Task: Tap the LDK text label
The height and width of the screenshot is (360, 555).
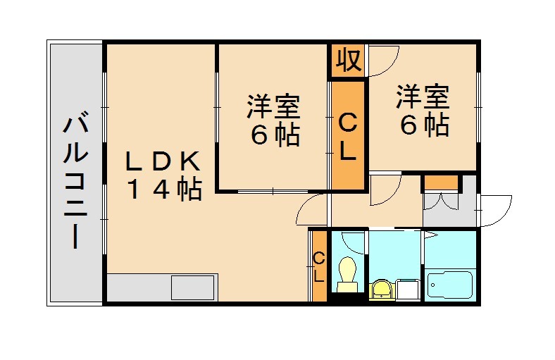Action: [x=163, y=161]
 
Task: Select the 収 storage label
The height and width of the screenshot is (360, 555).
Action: [x=348, y=61]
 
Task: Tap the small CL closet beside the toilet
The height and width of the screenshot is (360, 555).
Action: [x=318, y=266]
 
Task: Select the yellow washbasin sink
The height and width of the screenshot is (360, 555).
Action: [x=380, y=288]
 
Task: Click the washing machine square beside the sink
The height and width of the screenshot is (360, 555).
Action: [x=408, y=289]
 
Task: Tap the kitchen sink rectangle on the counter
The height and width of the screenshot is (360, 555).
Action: [x=192, y=287]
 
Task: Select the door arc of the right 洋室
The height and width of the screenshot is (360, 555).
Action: [x=383, y=61]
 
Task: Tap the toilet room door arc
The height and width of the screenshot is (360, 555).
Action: [x=352, y=240]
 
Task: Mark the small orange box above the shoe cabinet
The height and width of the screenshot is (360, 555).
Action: [x=440, y=182]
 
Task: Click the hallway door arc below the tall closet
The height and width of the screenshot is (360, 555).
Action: [x=385, y=189]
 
